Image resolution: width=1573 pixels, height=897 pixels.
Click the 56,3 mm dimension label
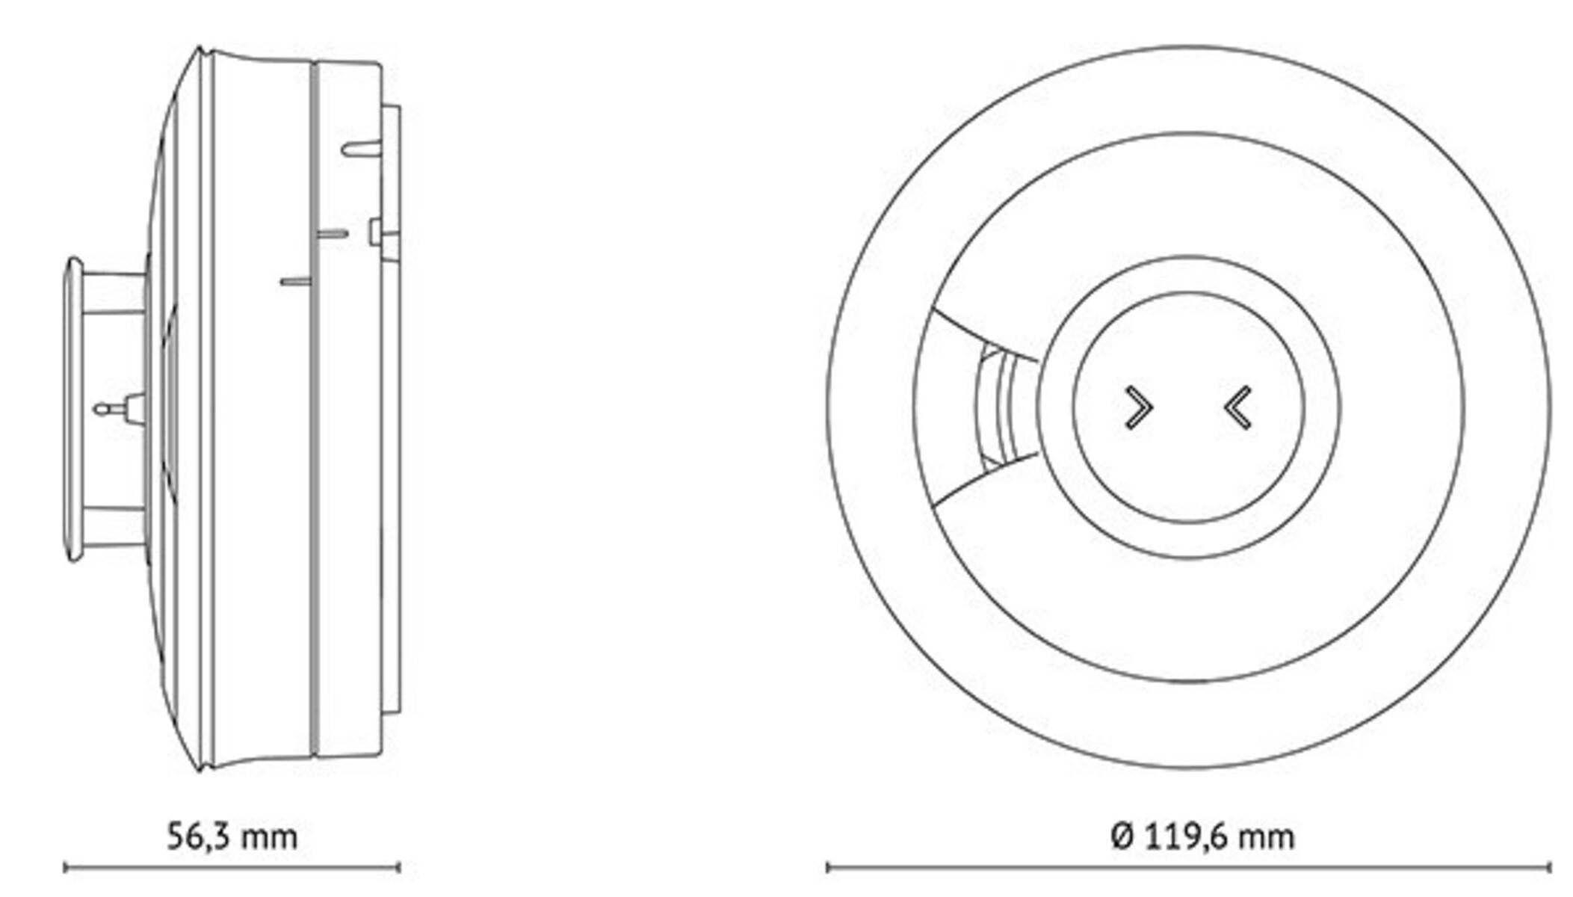click(232, 836)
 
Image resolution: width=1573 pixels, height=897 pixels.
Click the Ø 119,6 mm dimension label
click(1202, 836)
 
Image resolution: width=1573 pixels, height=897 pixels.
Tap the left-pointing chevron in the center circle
click(1238, 408)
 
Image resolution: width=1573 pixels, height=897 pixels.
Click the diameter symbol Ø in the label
click(1123, 836)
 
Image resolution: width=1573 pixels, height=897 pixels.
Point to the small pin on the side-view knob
click(105, 409)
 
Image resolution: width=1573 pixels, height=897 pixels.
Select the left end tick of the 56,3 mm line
click(66, 868)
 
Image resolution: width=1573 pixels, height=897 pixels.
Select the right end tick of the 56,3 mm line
click(398, 868)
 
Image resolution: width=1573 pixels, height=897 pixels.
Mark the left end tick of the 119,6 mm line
click(827, 868)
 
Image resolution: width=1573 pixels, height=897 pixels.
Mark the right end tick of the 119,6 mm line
click(1549, 868)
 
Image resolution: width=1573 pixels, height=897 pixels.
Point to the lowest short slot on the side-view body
click(295, 282)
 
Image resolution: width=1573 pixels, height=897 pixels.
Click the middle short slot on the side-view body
click(332, 234)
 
